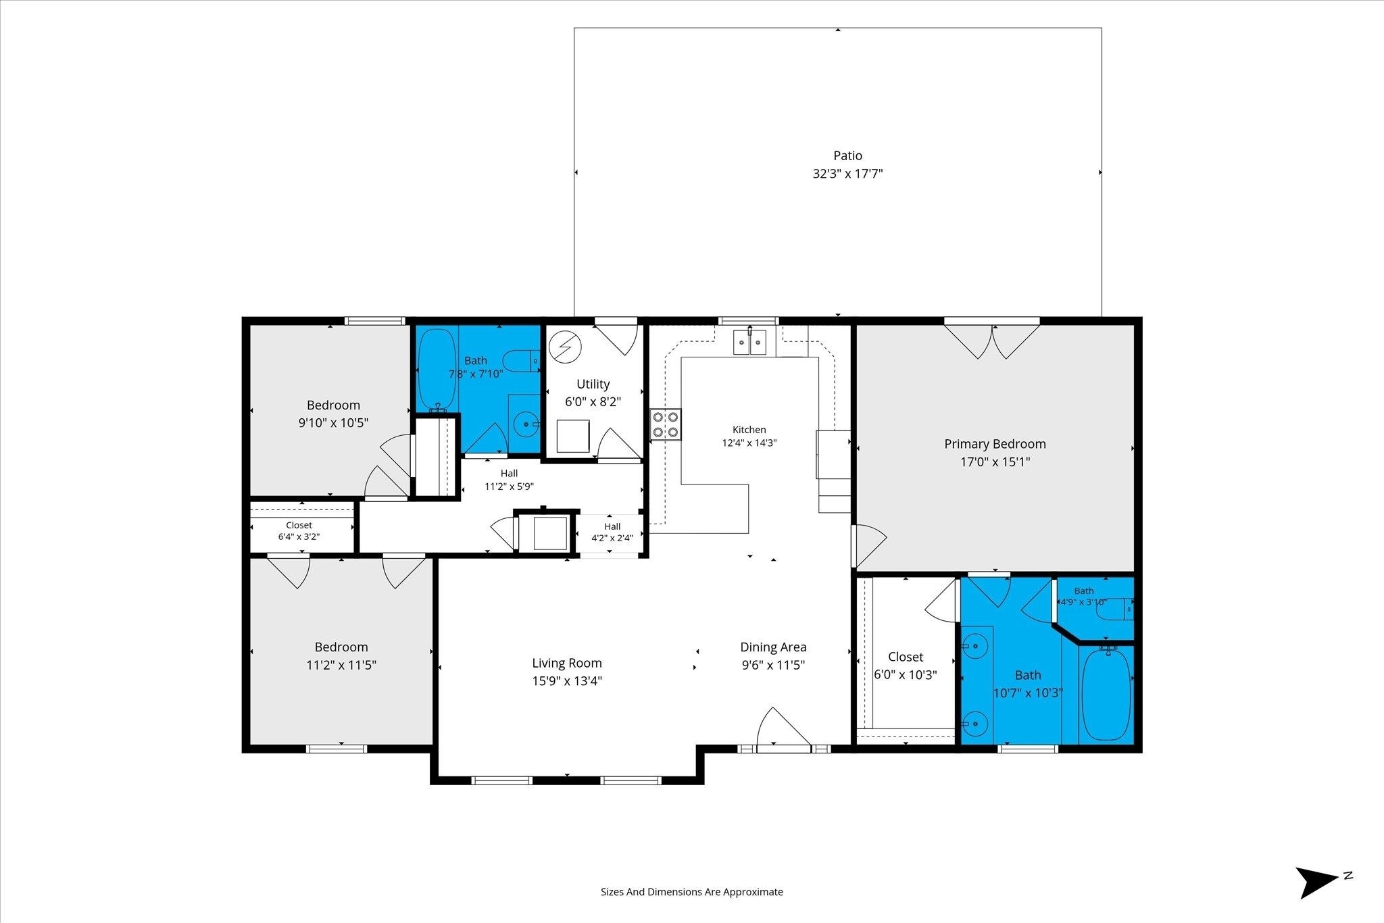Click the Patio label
(847, 155)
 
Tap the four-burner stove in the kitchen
(666, 424)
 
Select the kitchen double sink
(750, 342)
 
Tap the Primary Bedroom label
(995, 444)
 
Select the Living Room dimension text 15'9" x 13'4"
(567, 681)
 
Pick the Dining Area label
(773, 647)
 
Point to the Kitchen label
(749, 430)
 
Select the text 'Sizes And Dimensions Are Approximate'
(692, 892)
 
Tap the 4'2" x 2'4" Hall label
(612, 532)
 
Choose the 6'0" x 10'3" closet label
(906, 666)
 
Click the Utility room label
(593, 384)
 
